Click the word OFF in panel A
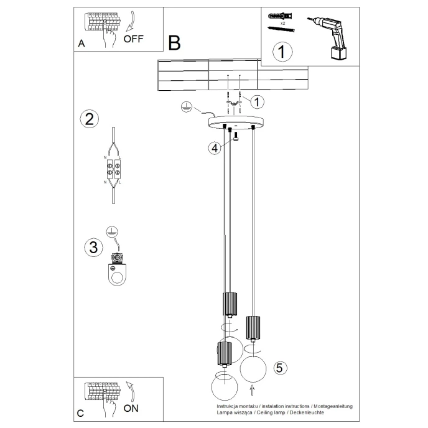pos(133,39)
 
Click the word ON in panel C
pos(131,409)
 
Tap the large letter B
pos(174,43)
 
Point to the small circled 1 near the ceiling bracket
pos(258,101)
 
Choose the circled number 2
pos(90,119)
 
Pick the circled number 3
pos(93,247)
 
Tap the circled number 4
pos(214,147)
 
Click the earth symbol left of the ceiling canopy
pos(185,108)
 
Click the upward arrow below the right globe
pos(252,391)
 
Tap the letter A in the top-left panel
pos(81,44)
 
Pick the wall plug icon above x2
pos(277,16)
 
